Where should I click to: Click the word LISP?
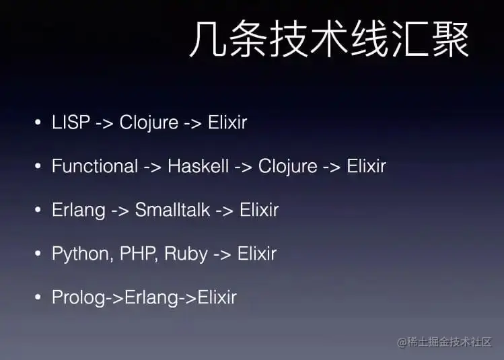tap(71, 122)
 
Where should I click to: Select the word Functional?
tap(95, 166)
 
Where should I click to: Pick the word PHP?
tap(138, 254)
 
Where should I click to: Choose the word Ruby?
tap(186, 254)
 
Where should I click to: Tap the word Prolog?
tap(78, 297)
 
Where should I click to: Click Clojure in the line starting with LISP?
tap(149, 122)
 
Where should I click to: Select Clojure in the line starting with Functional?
tap(287, 166)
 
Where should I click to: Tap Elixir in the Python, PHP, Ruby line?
tap(257, 254)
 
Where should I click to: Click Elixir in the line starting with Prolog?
tap(217, 297)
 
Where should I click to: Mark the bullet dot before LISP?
tap(38, 123)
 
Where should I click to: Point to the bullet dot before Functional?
tap(38, 167)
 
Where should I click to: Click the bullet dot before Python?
tap(38, 254)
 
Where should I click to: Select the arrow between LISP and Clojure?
tap(105, 123)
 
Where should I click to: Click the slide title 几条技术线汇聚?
tap(328, 41)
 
